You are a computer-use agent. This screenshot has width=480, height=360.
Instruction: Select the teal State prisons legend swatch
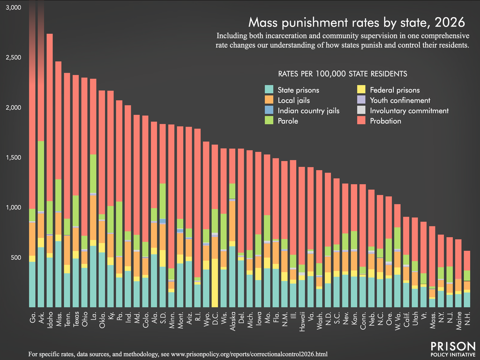pos(269,90)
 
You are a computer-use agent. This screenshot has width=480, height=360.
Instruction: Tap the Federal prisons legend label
pos(395,90)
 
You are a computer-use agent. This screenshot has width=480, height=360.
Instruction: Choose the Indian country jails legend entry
pos(308,111)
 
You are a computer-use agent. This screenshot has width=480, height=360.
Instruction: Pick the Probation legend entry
pos(385,121)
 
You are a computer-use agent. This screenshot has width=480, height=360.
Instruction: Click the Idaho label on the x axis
pos(50,318)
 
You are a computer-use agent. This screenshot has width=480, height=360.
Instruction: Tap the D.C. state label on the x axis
pos(215,318)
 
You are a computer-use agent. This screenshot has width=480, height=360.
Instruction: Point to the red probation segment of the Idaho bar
pos(50,117)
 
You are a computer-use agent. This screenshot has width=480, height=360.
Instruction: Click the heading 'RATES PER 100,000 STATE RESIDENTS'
pos(342,74)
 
